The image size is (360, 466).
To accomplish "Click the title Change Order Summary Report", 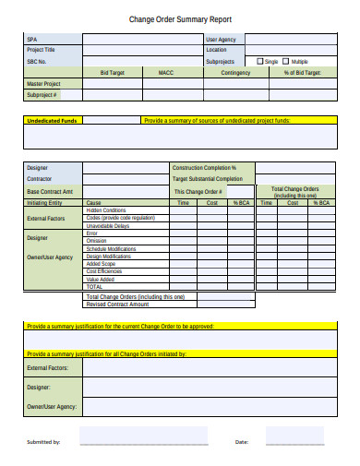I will (x=179, y=18).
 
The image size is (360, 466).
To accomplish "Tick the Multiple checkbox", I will (x=285, y=61).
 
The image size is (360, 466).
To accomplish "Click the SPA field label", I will (x=31, y=40).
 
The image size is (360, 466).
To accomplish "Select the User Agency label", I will (x=221, y=40).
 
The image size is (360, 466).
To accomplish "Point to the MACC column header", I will (x=166, y=72).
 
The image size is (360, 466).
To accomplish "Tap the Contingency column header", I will (x=236, y=72).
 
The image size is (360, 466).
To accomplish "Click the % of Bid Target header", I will (x=301, y=72).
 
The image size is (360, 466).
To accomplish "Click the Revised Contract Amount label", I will (x=117, y=304).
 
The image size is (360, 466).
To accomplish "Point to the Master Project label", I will (x=43, y=83).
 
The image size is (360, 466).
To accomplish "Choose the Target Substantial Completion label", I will (x=208, y=179).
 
